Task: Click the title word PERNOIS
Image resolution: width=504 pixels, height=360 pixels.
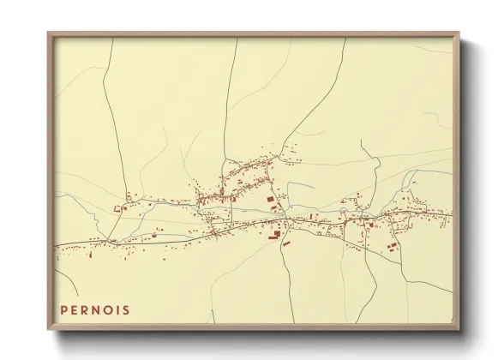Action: pos(95,309)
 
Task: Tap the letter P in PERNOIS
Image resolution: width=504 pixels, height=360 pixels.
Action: pos(64,309)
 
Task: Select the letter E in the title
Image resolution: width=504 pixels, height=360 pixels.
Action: pos(75,309)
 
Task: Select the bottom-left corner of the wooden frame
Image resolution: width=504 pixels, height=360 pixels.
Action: pos(49,329)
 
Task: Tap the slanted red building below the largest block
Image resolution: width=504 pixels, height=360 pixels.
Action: pos(286,244)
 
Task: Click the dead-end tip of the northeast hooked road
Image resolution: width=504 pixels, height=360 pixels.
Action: pos(361,141)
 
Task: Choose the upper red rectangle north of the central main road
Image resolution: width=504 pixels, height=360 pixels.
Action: pos(271,199)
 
